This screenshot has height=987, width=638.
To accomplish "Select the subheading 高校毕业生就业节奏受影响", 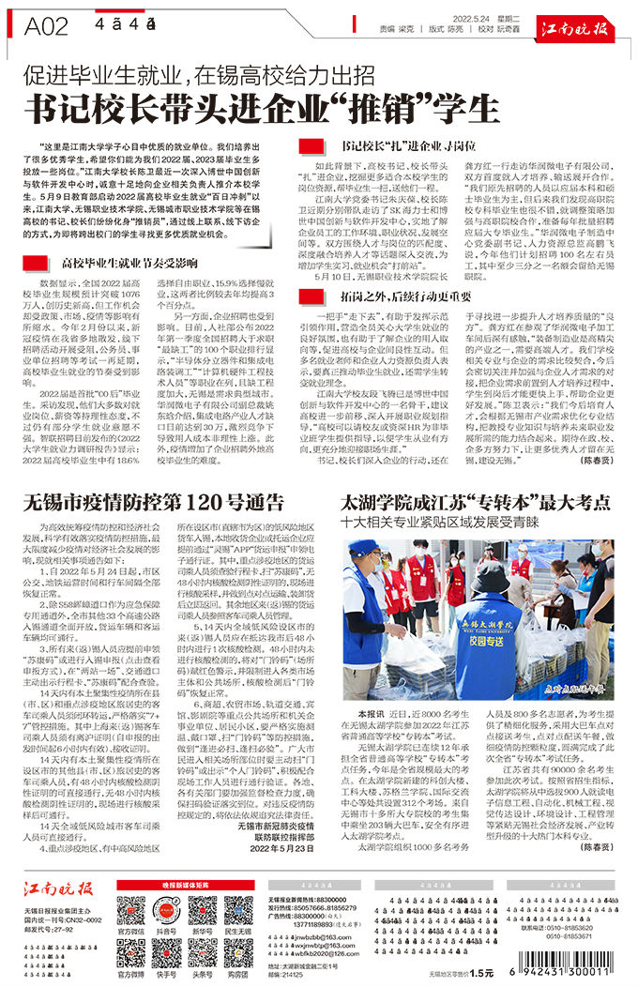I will [129, 262].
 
